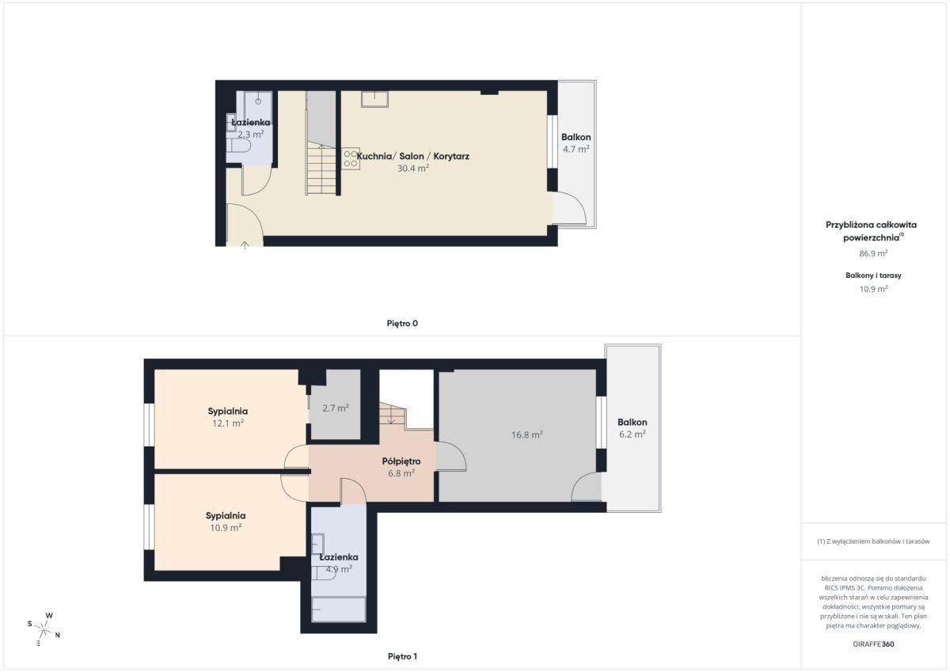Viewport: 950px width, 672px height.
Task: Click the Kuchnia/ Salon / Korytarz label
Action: pos(412,156)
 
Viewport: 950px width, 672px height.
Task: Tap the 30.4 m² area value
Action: pos(413,168)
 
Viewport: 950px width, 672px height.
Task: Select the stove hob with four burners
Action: pos(350,158)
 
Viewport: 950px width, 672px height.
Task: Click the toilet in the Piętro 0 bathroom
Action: pos(239,146)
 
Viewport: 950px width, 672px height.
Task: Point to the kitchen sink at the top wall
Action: pos(374,99)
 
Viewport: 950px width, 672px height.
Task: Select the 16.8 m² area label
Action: pos(527,435)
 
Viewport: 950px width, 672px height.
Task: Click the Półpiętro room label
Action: pos(401,461)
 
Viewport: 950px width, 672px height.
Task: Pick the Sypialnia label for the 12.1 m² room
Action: pos(228,411)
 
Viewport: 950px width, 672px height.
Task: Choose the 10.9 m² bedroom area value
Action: pos(226,527)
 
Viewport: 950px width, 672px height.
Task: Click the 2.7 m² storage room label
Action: pos(336,408)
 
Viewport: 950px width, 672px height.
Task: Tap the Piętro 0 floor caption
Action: pos(402,323)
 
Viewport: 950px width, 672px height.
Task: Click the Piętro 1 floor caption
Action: pos(402,656)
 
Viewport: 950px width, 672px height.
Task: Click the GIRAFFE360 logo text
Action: pos(873,644)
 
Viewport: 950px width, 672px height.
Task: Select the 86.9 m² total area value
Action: pos(873,253)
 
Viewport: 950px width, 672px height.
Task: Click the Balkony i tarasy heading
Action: pos(873,275)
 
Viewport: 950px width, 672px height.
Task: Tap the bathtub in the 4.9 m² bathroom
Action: pos(339,609)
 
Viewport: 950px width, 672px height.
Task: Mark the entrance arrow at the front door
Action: pos(245,245)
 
